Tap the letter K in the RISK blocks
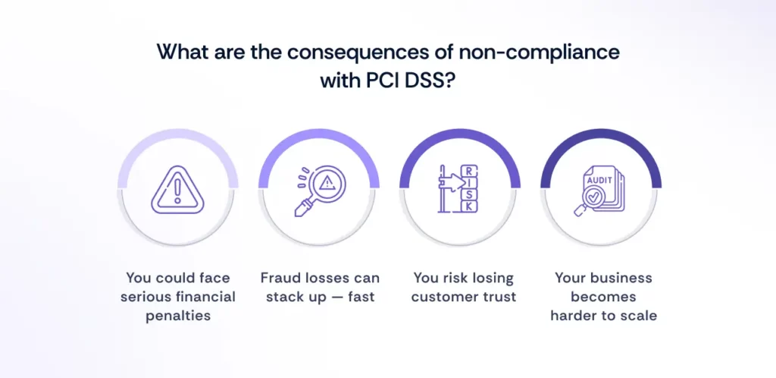click(x=469, y=206)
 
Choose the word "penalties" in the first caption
click(x=177, y=314)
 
